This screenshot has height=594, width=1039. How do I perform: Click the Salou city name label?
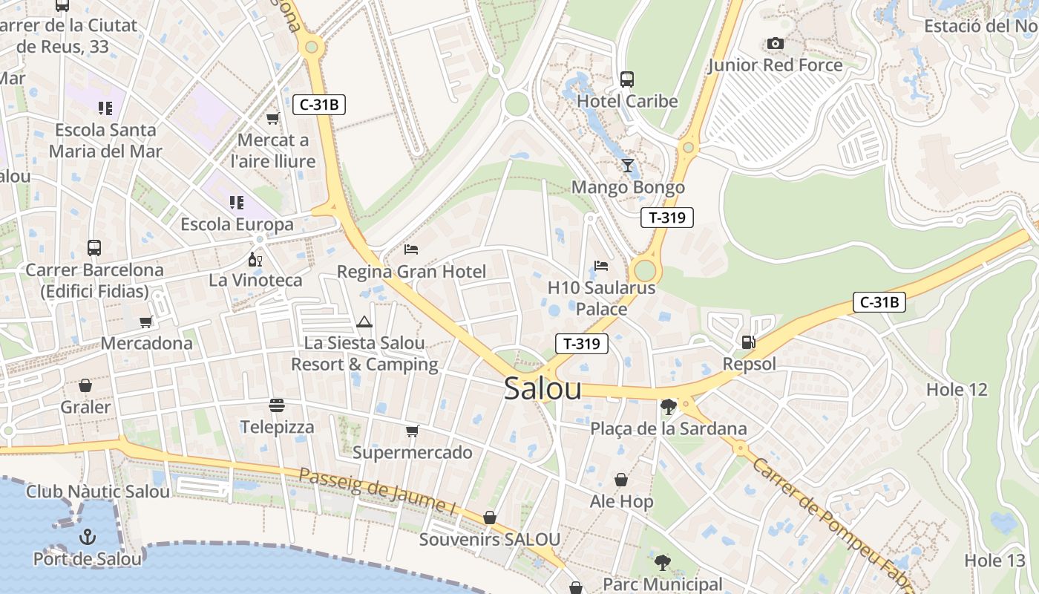543,389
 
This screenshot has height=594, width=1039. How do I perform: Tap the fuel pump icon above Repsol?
748,342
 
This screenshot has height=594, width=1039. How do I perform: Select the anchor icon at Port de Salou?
88,536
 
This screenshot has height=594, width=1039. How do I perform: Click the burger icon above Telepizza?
277,405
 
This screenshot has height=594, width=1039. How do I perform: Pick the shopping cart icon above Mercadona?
146,322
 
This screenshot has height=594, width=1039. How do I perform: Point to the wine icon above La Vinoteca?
255,259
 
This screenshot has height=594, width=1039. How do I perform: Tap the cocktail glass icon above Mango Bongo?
628,165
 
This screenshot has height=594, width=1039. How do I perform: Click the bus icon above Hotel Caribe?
627,79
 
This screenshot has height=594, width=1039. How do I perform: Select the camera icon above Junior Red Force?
776,43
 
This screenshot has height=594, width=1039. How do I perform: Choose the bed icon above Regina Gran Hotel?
411,249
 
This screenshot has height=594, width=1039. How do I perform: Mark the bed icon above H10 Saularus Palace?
601,265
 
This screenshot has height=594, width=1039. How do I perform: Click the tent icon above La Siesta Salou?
364,322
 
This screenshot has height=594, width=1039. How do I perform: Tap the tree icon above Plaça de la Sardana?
668,406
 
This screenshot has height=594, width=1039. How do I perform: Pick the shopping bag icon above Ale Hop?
621,480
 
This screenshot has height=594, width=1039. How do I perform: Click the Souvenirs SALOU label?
490,540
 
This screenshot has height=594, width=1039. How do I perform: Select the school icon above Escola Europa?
237,202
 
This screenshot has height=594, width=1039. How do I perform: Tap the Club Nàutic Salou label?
98,492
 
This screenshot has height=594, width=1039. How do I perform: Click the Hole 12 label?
957,390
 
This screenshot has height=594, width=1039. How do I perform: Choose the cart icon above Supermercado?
413,431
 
